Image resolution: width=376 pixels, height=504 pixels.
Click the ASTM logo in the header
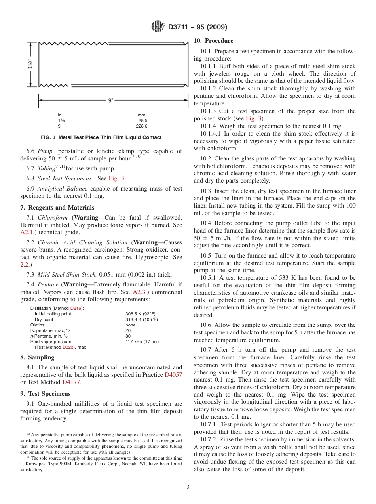click(157, 27)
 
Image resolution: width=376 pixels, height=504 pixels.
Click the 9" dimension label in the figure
click(111, 101)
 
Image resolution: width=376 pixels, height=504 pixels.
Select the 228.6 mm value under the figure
click(142, 126)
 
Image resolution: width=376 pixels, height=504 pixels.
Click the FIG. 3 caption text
click(101, 137)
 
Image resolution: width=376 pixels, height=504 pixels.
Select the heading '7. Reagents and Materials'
click(57, 208)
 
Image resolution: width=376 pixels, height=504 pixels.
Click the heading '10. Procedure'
click(213, 41)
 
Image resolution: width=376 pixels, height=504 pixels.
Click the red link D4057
click(173, 375)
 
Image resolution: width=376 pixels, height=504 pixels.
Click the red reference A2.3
click(140, 292)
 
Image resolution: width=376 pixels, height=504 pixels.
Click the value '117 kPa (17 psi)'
click(142, 342)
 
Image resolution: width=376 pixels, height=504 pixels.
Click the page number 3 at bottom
click(188, 487)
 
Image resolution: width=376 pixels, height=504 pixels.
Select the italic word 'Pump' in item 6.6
click(45, 151)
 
